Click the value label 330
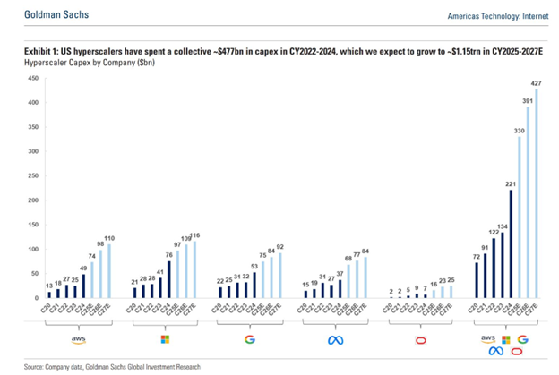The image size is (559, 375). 519,130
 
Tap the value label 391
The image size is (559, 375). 529,100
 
